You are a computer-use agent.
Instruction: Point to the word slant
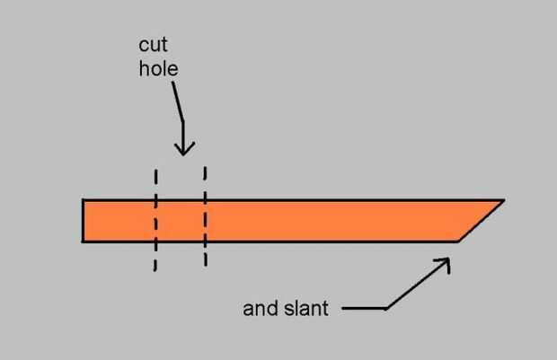point(307,309)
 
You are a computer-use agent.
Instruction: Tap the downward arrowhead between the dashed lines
point(183,149)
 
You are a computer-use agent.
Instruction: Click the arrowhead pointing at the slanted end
point(444,263)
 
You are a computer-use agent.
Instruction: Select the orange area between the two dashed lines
point(181,221)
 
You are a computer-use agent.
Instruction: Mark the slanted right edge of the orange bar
point(482,221)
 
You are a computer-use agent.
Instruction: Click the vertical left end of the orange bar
point(83,221)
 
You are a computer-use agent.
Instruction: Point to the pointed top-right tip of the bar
point(502,200)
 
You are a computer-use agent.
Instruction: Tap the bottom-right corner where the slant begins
point(458,241)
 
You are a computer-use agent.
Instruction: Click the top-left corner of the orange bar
point(83,200)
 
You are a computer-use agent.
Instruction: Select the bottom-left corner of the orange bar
point(83,241)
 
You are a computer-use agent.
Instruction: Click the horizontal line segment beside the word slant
point(363,309)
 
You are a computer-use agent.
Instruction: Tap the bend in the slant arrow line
point(385,309)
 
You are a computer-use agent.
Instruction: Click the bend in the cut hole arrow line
point(183,122)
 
